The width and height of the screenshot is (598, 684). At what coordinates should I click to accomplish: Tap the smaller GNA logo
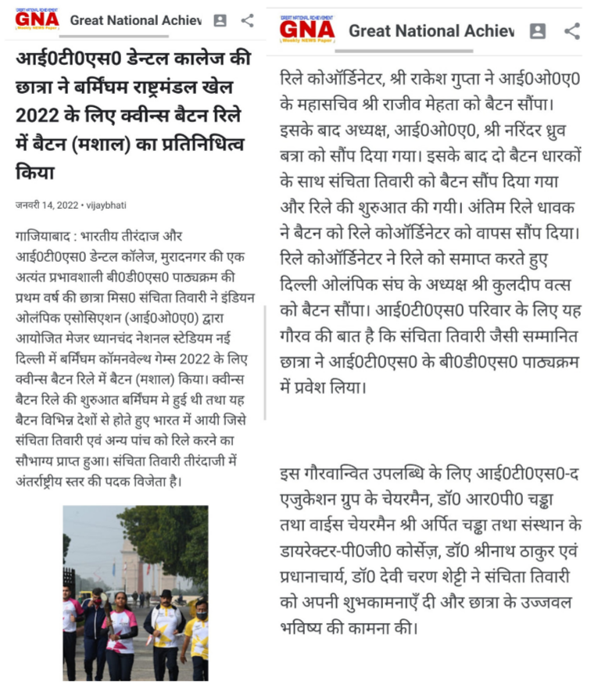click(37, 20)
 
